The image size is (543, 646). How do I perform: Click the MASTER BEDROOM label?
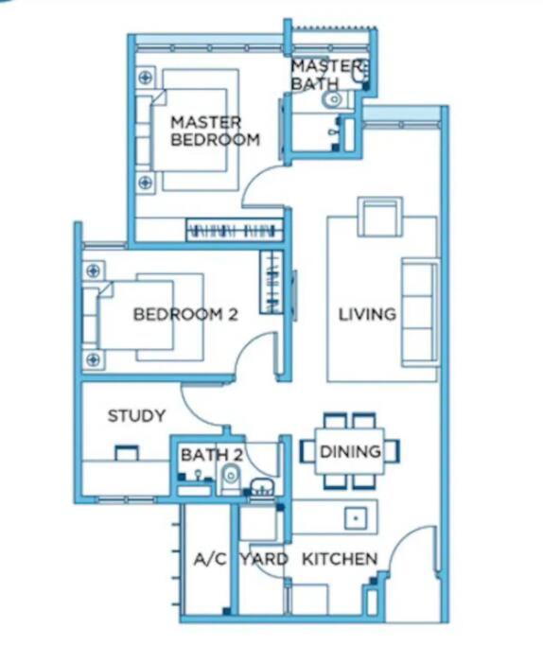215,131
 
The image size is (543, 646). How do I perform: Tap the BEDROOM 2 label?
185,314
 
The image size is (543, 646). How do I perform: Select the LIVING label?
367,314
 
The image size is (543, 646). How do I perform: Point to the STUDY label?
136,415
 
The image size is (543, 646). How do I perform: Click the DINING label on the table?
350,451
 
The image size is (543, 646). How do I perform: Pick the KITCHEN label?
340,559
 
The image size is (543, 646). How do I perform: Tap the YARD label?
264,559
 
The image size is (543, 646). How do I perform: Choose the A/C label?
210,559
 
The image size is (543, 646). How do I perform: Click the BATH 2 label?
212,455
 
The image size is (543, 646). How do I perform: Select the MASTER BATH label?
326,75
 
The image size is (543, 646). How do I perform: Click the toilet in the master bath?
336,99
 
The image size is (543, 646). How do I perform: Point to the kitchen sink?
356,518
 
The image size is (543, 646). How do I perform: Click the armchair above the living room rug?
380,217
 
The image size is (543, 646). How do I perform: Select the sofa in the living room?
420,312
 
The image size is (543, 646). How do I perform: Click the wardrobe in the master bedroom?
235,230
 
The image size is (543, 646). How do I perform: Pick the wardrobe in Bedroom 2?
271,282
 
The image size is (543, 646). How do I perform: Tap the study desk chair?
127,452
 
